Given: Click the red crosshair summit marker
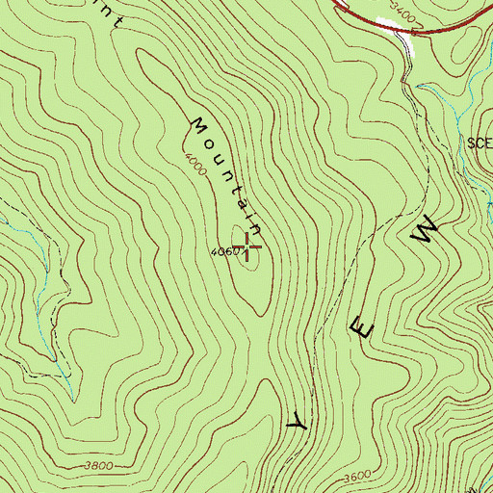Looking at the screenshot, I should (x=248, y=246).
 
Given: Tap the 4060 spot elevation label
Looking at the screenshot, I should (x=221, y=253).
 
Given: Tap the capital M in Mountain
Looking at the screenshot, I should (x=199, y=126).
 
